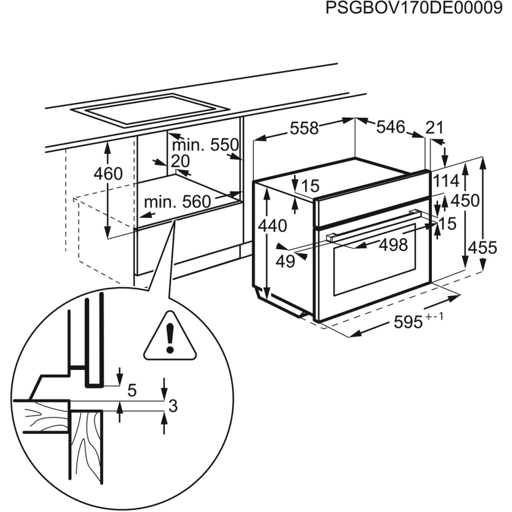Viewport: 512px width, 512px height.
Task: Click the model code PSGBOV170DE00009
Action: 413,9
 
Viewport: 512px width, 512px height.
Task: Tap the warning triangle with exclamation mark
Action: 170,338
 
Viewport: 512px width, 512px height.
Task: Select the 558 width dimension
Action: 304,128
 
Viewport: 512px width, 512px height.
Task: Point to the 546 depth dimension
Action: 391,127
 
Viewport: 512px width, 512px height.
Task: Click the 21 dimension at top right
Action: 434,128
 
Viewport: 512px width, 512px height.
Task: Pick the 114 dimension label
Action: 447,181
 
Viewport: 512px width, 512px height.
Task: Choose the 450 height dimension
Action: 465,201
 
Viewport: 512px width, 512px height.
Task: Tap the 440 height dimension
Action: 272,226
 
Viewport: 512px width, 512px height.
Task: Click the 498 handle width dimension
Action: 393,244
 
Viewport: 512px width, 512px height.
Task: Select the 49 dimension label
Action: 286,261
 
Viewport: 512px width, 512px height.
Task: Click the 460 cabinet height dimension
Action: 108,174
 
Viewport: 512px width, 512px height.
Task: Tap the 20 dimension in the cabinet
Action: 180,161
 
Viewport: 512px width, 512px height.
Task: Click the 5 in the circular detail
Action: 132,391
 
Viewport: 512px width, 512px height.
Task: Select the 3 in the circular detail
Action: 173,406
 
